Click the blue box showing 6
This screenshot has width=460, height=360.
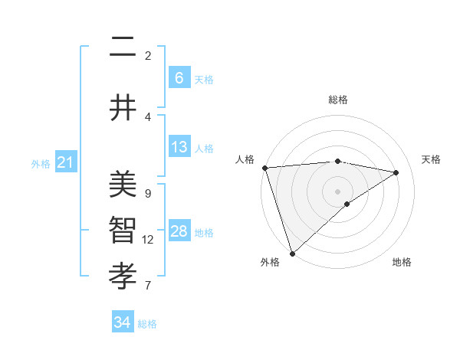[179, 78]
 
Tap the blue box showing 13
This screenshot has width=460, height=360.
[179, 147]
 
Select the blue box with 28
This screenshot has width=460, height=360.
[179, 231]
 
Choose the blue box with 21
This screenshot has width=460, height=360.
[65, 162]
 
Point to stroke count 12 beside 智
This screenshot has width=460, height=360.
[148, 240]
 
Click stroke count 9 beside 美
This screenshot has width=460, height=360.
[148, 194]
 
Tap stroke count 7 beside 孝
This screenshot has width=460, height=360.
[148, 286]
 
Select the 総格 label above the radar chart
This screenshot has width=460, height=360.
[337, 100]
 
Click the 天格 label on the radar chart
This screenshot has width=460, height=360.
[432, 159]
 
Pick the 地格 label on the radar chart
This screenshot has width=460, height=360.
[402, 262]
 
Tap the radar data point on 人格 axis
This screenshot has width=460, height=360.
[264, 168]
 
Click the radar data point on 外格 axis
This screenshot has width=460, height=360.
[292, 253]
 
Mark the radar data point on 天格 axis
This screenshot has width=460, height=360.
[396, 172]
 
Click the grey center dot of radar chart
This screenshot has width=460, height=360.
[337, 191]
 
